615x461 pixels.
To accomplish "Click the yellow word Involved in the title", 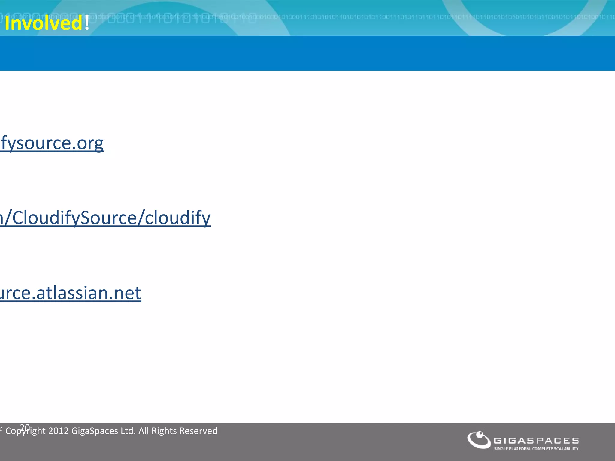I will pos(43,23).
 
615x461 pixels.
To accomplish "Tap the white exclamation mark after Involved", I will pos(87,23).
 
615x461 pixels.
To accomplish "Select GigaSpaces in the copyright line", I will pos(95,431).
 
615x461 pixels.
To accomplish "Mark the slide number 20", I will pos(25,427).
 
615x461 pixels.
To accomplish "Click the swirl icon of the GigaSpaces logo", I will pos(479,440).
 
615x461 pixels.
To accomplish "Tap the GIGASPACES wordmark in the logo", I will pos(536,441).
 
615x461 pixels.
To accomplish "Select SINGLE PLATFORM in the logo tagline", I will pos(512,449).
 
